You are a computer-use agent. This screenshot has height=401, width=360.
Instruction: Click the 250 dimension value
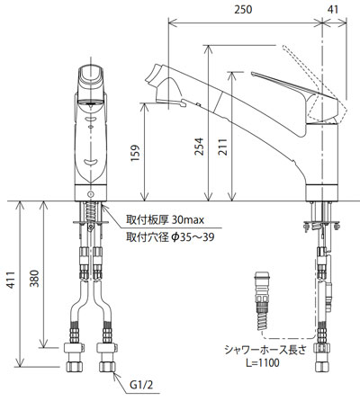click(243, 10)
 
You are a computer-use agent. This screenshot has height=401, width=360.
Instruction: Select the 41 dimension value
click(333, 10)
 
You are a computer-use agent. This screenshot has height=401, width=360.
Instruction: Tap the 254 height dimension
click(200, 147)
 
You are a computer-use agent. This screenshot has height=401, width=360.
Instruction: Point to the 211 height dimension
click(222, 147)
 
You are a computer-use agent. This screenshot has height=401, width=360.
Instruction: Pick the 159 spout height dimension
click(136, 153)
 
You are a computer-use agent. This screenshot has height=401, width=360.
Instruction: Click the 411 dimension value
click(11, 280)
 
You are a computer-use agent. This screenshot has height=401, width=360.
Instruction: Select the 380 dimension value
click(34, 279)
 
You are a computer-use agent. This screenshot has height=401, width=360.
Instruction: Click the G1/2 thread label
click(141, 385)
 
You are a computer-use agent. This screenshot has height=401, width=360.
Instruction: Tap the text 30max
click(188, 220)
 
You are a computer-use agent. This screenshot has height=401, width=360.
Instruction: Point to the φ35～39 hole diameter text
click(193, 237)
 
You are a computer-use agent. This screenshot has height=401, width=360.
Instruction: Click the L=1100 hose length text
click(263, 363)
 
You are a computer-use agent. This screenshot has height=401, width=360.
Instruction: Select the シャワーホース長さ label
click(265, 350)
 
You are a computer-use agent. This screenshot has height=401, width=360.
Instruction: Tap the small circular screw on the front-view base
click(90, 193)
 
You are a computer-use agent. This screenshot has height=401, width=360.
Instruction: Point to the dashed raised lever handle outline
click(315, 87)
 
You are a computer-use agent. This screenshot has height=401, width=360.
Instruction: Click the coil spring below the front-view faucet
click(90, 211)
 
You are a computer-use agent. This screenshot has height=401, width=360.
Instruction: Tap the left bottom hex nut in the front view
click(74, 366)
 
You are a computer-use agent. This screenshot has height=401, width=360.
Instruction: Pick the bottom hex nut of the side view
click(323, 366)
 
